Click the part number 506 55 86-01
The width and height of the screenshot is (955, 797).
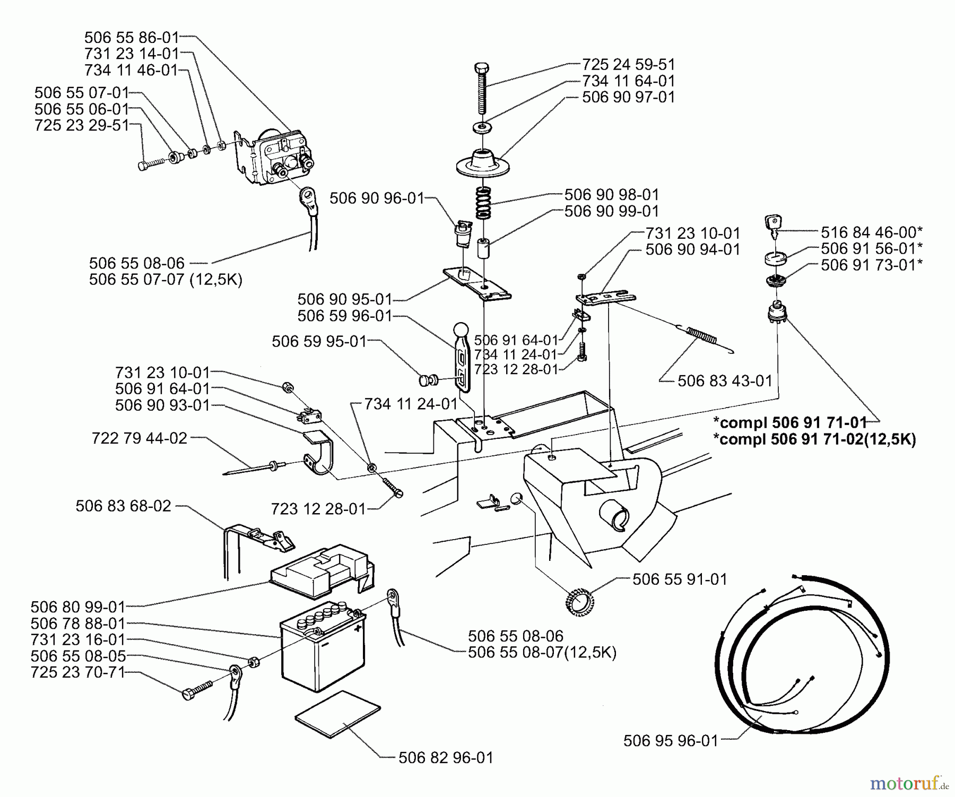pos(132,38)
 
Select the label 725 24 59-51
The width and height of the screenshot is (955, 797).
pos(629,65)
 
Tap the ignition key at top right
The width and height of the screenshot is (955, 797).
pos(772,226)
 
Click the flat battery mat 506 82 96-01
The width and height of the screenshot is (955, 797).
pos(337,714)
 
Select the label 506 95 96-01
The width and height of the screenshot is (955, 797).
pos(671,741)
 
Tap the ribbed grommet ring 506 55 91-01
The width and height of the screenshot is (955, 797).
pos(578,602)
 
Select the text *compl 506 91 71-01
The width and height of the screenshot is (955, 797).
pos(790,422)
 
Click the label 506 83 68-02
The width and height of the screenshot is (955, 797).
pos(124,506)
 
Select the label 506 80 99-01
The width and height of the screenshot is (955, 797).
pos(78,607)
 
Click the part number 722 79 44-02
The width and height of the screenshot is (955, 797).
pos(140,438)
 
